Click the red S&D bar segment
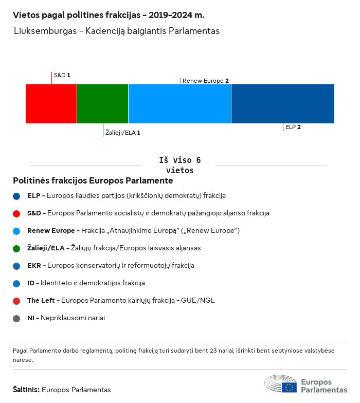click(x=51, y=104)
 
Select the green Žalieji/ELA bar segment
click(x=103, y=104)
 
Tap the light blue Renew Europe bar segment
click(x=180, y=104)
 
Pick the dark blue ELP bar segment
click(x=283, y=104)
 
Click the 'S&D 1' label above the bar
click(x=62, y=75)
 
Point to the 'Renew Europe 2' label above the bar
click(x=206, y=81)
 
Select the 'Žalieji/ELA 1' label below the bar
click(x=122, y=133)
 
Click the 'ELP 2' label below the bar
click(x=293, y=127)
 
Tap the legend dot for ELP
click(x=16, y=196)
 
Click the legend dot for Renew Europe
click(x=16, y=231)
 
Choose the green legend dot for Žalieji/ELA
click(x=16, y=249)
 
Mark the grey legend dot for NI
click(x=16, y=319)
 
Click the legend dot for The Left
click(x=16, y=301)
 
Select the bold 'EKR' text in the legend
click(x=34, y=265)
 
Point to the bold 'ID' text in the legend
click(x=31, y=283)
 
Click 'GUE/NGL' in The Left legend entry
click(x=197, y=300)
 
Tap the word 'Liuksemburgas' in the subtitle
click(x=45, y=31)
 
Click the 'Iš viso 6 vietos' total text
click(x=180, y=165)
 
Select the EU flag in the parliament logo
click(x=289, y=387)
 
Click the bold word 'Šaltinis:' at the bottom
click(x=26, y=390)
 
